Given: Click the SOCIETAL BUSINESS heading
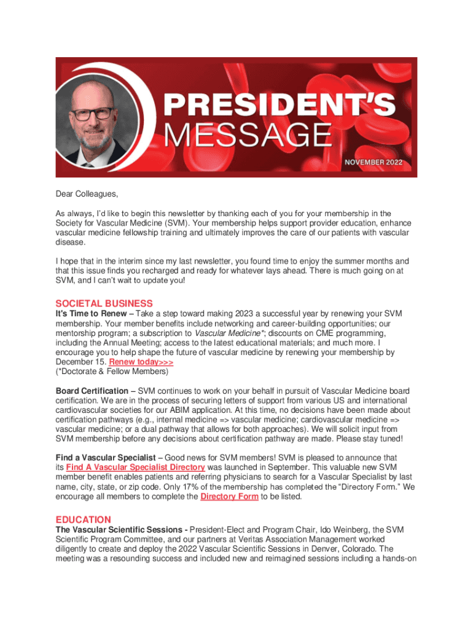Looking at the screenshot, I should pos(104,303).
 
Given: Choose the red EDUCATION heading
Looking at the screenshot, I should pos(84,519).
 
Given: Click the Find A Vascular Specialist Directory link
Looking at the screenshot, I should pos(135,467).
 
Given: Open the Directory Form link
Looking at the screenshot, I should pos(229,496).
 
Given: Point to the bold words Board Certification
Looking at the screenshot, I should pos(92,391).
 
